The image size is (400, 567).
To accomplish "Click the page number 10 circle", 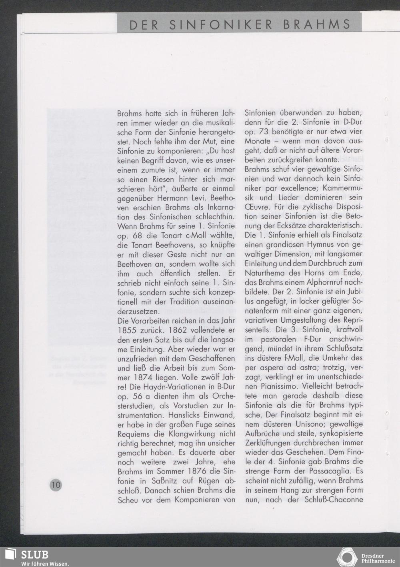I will pos(55,485).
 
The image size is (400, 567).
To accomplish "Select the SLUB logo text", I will pos(34,555).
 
